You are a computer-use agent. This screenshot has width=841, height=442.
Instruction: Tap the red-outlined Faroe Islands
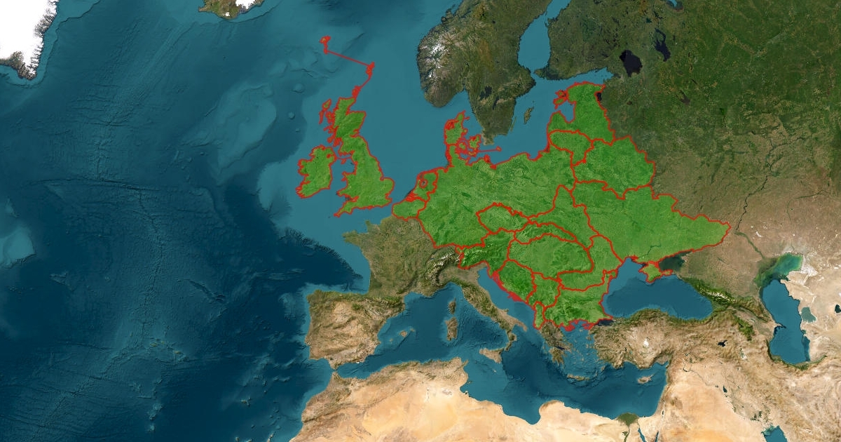(x=325, y=43)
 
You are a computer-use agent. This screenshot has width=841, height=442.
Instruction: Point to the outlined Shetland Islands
(x=369, y=70)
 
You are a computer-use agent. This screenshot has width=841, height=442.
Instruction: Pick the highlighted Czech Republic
(x=501, y=220)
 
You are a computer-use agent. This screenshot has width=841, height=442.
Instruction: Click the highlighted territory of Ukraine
(x=652, y=221)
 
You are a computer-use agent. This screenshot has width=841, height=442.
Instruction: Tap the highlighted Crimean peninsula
(x=651, y=271)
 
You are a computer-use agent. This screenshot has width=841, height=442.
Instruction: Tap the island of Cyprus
(x=645, y=379)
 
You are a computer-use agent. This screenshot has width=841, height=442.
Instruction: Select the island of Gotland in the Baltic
(x=528, y=114)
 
